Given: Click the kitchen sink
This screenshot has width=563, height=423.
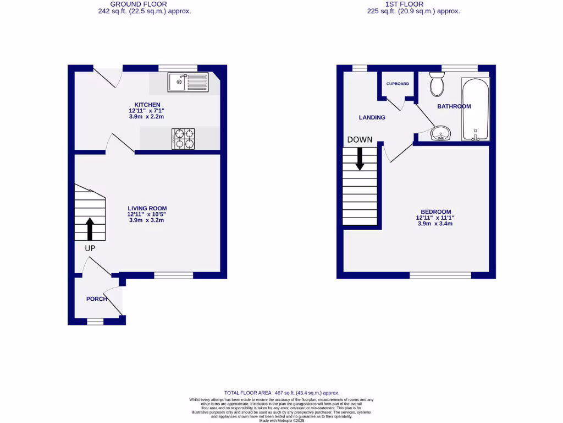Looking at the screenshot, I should pyautogui.click(x=188, y=82).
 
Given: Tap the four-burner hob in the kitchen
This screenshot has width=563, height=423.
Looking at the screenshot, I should pyautogui.click(x=184, y=138).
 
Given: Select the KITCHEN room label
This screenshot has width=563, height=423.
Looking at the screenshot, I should pyautogui.click(x=147, y=105).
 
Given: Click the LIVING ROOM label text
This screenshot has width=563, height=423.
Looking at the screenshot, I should pyautogui.click(x=147, y=208).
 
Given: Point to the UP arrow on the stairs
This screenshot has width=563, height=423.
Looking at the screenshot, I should pyautogui.click(x=89, y=228).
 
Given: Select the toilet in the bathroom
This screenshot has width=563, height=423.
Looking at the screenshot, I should pyautogui.click(x=438, y=84).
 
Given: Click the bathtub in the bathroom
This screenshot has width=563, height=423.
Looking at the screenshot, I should pyautogui.click(x=475, y=110).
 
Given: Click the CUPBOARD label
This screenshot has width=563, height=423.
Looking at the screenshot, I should pyautogui.click(x=398, y=84).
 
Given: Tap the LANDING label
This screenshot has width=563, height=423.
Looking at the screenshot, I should pyautogui.click(x=372, y=117).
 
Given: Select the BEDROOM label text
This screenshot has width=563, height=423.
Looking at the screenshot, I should pyautogui.click(x=435, y=212).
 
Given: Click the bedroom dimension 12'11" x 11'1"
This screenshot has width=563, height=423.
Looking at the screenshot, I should pyautogui.click(x=435, y=218).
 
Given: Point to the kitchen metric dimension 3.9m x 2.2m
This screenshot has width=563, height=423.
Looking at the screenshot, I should pyautogui.click(x=147, y=117).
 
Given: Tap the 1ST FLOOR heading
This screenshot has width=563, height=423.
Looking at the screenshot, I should pyautogui.click(x=404, y=4).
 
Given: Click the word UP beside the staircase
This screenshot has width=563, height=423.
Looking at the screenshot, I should pyautogui.click(x=90, y=248).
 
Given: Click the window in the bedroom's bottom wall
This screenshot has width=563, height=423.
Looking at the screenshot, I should pyautogui.click(x=440, y=275).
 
